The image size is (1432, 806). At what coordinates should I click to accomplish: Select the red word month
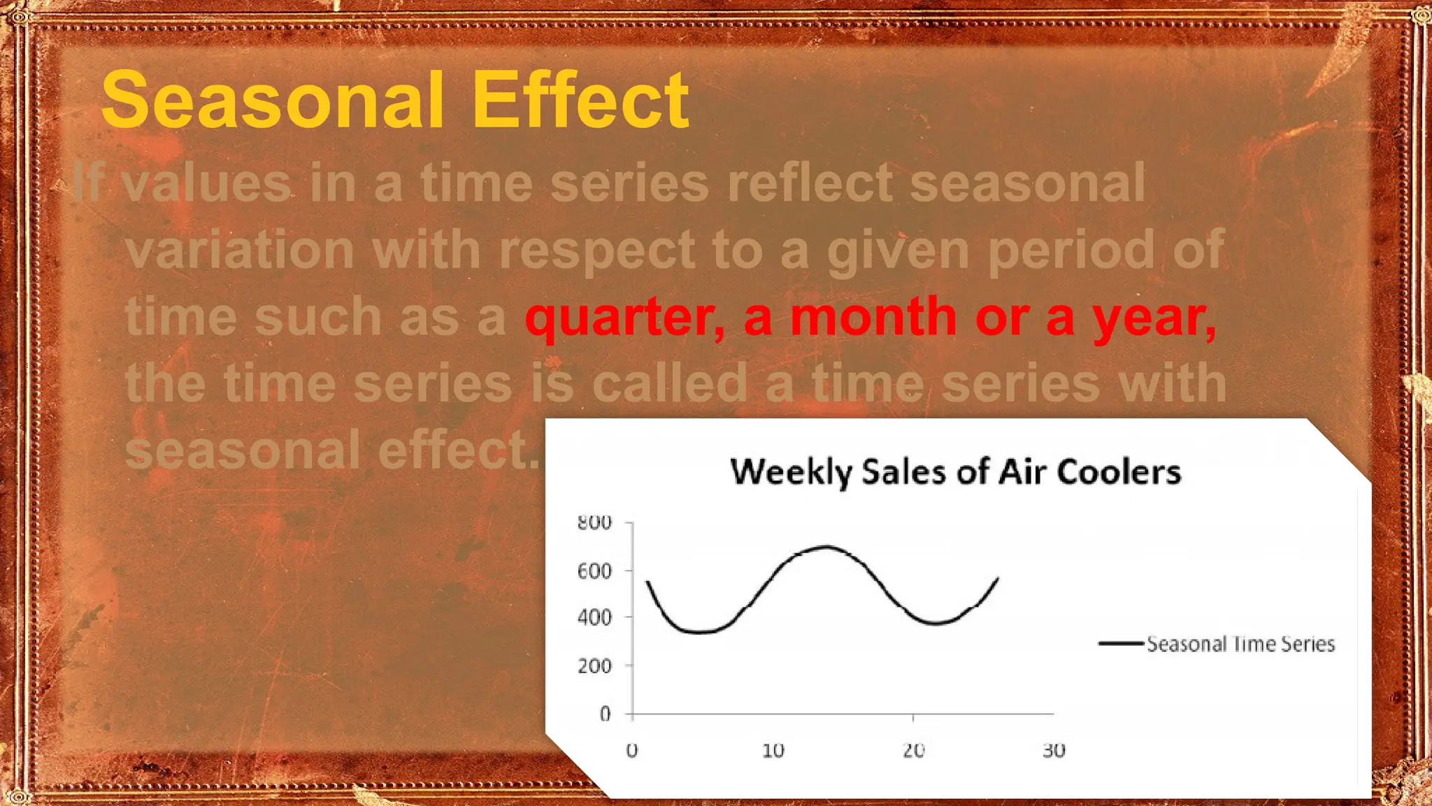[873, 316]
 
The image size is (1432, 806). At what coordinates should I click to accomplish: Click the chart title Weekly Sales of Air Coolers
[955, 472]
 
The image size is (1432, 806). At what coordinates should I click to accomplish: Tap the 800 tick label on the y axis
[594, 523]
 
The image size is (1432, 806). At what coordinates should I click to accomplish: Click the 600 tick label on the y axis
[594, 572]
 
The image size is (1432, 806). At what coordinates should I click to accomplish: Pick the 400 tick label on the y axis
[594, 618]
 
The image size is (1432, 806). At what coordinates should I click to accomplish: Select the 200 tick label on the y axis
[594, 666]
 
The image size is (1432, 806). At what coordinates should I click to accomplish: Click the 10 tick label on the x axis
[773, 751]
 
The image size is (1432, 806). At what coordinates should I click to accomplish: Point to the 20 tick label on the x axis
[913, 751]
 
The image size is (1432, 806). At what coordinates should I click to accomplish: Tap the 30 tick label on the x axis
[1054, 751]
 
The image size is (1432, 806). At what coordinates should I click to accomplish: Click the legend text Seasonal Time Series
[1240, 644]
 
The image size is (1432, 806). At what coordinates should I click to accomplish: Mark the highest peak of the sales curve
[827, 546]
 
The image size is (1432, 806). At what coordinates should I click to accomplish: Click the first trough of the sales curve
[699, 632]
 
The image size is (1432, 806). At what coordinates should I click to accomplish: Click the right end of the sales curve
[997, 579]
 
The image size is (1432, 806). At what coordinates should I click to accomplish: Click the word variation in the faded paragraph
[240, 250]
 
